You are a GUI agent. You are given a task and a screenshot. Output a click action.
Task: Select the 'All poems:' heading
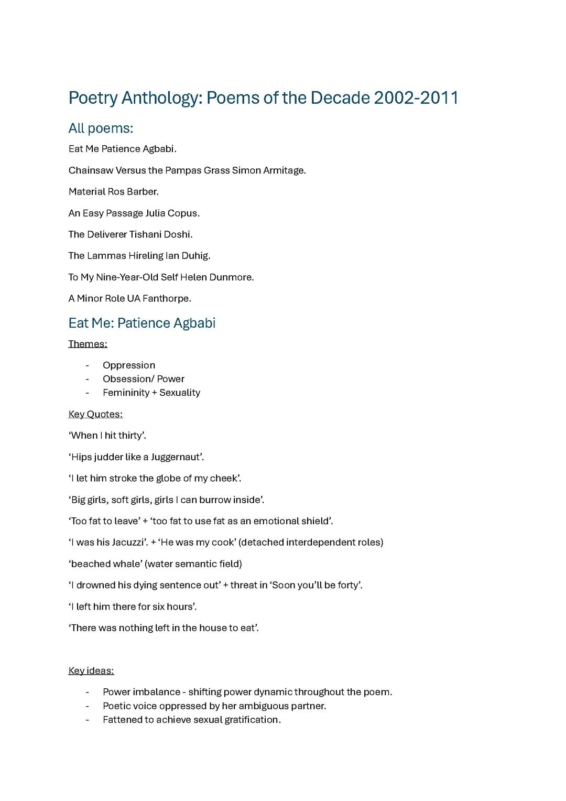[101, 128]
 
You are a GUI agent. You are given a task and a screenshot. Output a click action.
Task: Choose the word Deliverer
[107, 234]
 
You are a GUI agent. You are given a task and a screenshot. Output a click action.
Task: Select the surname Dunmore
[231, 277]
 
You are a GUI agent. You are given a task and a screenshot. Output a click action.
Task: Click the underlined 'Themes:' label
[88, 344]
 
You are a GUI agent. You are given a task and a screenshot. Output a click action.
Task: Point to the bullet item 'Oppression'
[129, 365]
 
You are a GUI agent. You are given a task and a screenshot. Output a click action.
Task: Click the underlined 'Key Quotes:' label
[95, 414]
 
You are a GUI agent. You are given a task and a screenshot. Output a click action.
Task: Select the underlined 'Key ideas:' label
[91, 671]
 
